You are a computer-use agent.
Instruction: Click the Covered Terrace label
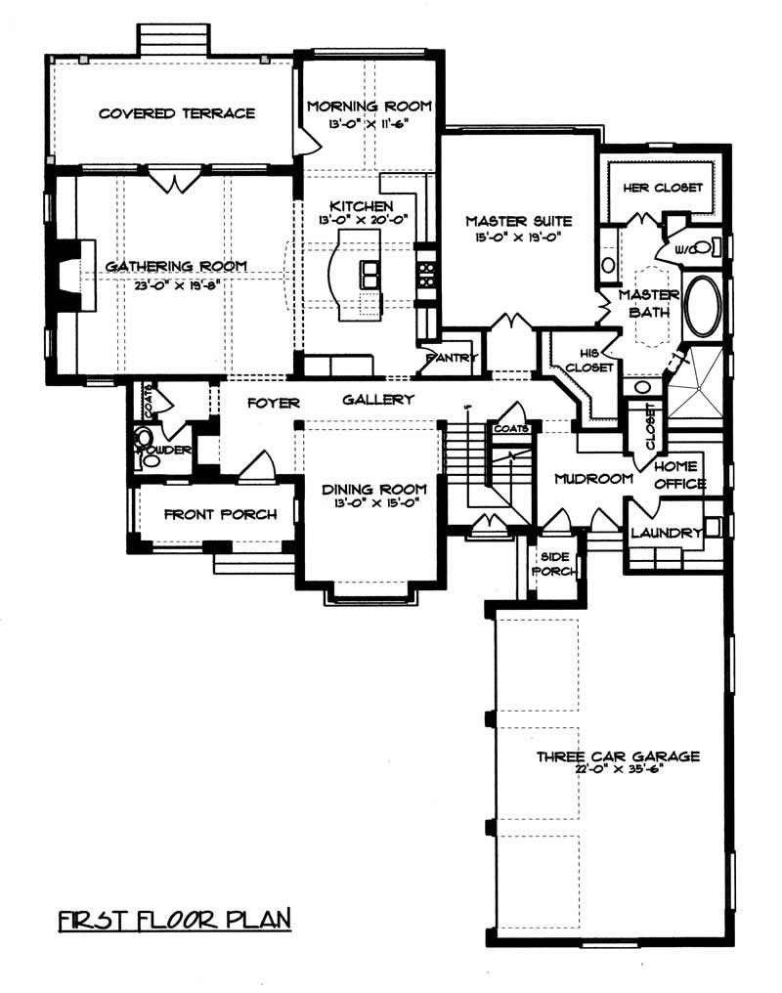(177, 113)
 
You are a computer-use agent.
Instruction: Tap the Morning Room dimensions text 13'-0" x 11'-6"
(369, 124)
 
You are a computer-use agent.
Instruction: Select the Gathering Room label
(176, 265)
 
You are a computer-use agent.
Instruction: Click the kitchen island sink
(371, 275)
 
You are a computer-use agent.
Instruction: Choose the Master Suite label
(518, 221)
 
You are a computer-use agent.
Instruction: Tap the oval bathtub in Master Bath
(703, 306)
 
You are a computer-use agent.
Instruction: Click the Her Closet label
(663, 188)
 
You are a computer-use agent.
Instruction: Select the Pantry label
(452, 359)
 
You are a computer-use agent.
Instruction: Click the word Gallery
(378, 400)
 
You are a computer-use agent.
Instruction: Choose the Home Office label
(680, 475)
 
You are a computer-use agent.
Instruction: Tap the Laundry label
(667, 533)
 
